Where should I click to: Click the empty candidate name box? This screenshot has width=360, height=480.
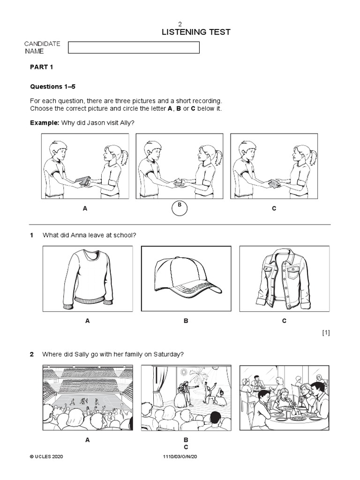[x=134, y=47]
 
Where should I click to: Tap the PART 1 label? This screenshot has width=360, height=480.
[x=42, y=67]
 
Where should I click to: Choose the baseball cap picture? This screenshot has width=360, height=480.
[x=186, y=279]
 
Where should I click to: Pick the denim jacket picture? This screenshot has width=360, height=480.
[x=284, y=279]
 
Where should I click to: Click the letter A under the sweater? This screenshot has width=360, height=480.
[x=88, y=321]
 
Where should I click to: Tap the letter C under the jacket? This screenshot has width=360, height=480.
[x=284, y=321]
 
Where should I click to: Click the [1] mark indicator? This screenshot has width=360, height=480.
[x=326, y=333]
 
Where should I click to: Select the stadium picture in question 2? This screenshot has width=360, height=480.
[x=87, y=398]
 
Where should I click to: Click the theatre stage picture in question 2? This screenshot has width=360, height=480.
[x=186, y=398]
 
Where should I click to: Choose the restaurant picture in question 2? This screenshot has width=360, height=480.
[x=285, y=398]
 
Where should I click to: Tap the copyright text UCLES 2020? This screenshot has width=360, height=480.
[x=46, y=456]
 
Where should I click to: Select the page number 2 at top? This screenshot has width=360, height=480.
[x=180, y=23]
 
